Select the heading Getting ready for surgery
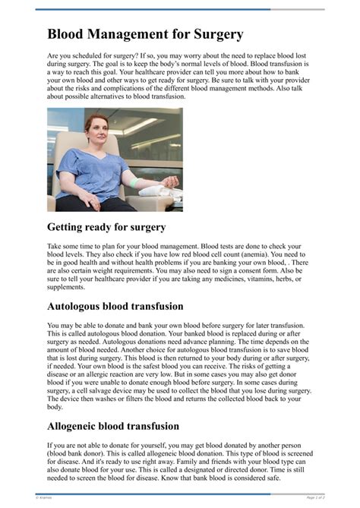(106, 226)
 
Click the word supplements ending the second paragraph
(67, 286)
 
